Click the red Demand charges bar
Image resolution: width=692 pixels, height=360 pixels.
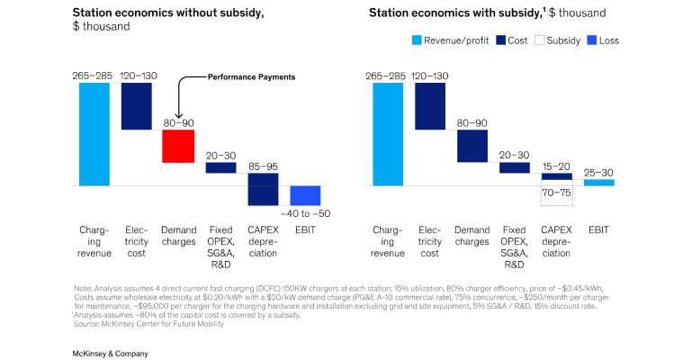pos(178,146)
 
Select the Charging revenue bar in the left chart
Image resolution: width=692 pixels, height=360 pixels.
pos(94,134)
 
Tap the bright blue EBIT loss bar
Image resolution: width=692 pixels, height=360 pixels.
pos(305,195)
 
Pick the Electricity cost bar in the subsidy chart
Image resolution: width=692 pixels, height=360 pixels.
pos(430,106)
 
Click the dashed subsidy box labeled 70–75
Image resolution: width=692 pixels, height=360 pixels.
pos(556,193)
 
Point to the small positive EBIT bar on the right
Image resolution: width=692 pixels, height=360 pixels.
pos(598,182)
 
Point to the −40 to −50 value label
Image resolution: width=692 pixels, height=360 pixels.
pos(305,212)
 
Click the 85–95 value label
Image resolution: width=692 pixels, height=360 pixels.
pos(263,166)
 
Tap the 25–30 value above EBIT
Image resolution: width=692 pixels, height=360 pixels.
pos(598,172)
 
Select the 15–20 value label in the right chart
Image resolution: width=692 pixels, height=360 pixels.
pos(556,166)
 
